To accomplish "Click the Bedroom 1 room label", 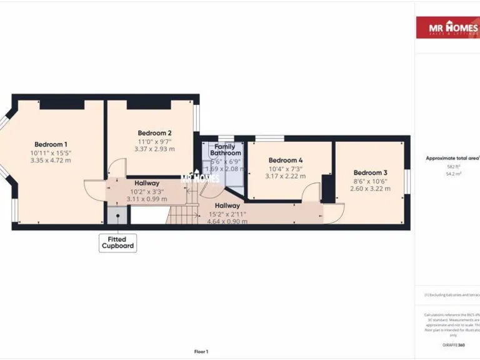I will click(51, 144).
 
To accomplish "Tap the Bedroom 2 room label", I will click(154, 133).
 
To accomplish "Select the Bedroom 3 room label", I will click(370, 173).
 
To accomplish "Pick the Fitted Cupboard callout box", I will click(117, 243).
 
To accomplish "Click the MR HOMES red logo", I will click(447, 27).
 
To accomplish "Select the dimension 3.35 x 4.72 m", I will click(51, 161).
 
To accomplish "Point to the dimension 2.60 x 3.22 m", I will click(370, 189).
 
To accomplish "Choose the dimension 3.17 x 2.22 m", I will click(286, 176).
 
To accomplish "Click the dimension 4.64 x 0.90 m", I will click(227, 221).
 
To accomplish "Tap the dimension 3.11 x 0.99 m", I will click(147, 199).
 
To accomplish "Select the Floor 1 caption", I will click(201, 352).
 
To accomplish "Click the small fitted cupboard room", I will click(116, 216).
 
